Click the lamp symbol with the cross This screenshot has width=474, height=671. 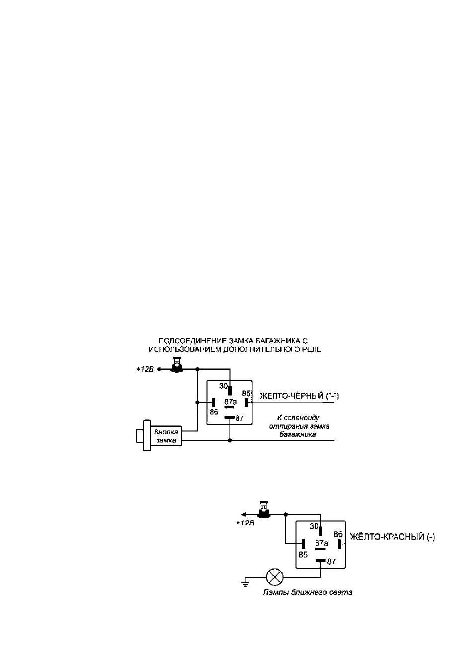(274, 577)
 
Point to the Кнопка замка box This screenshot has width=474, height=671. (166, 436)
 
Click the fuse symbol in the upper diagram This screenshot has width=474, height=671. (177, 365)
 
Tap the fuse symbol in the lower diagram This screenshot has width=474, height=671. (264, 510)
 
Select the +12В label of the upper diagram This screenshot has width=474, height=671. (145, 369)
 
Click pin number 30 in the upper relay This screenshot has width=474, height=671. (223, 386)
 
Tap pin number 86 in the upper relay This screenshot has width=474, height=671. (214, 412)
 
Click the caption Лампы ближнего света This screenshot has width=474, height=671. (308, 592)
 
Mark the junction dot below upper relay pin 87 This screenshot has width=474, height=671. (230, 440)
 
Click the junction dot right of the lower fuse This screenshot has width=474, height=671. (286, 514)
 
